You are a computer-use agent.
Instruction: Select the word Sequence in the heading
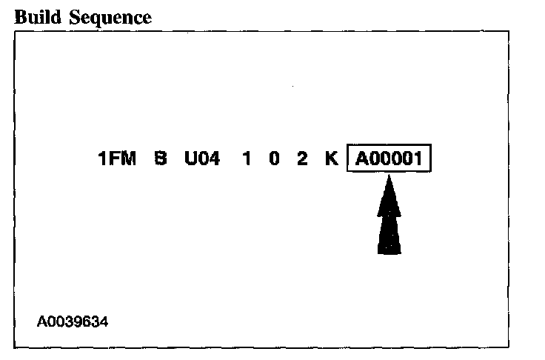tap(110, 18)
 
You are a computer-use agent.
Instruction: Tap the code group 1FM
tap(118, 159)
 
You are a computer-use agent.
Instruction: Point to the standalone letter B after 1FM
tap(161, 159)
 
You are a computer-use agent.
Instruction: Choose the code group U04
tap(202, 159)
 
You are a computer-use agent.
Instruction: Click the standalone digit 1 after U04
tap(247, 159)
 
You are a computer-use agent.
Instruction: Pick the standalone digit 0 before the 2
tap(274, 159)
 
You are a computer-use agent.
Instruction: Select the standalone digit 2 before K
tap(302, 159)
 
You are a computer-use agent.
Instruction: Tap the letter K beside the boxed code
tap(332, 159)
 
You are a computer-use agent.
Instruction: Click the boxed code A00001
tap(389, 159)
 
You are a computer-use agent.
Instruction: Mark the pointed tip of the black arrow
tap(389, 178)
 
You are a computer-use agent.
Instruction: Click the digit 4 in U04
tap(215, 159)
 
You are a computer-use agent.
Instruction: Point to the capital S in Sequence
tap(76, 18)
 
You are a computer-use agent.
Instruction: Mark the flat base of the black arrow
tap(389, 253)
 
